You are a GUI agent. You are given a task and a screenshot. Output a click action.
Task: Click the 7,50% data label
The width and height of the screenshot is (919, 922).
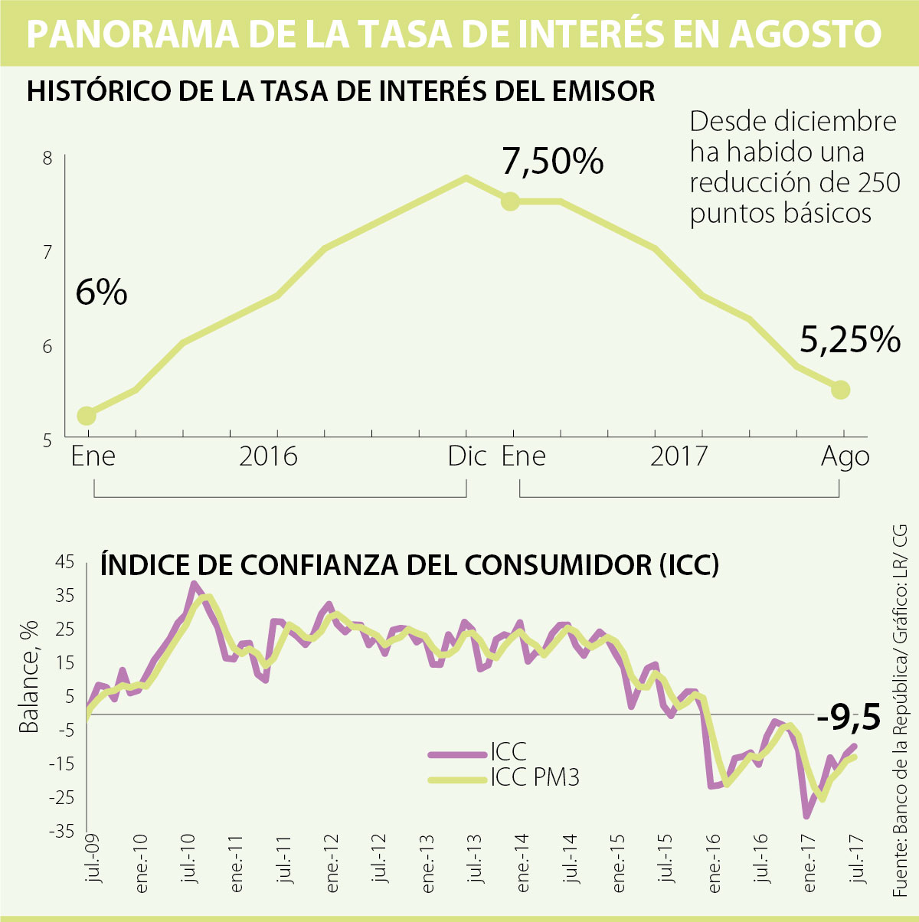553,162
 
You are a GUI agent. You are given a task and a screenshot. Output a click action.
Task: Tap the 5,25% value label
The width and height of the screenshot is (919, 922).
850,339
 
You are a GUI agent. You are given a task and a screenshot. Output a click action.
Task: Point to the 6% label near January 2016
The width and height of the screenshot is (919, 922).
101,293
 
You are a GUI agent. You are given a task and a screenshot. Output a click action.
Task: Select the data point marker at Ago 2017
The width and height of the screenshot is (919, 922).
840,390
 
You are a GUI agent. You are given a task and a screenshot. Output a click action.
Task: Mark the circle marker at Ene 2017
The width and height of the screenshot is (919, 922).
510,201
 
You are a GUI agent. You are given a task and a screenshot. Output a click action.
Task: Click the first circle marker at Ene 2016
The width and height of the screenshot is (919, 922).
87,416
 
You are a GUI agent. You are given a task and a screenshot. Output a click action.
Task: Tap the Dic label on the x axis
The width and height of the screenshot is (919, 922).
467,456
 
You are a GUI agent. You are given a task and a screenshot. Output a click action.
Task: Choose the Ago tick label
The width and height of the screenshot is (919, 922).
845,456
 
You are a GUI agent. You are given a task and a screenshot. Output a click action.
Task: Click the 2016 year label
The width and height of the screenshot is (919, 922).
268,456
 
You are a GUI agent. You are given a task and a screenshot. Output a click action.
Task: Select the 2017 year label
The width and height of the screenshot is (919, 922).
679,456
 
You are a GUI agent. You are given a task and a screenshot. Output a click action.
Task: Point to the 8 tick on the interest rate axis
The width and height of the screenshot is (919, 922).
47,159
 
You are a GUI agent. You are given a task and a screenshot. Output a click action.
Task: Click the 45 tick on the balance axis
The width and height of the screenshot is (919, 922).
64,563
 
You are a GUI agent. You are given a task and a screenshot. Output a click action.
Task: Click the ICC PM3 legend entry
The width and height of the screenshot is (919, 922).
535,778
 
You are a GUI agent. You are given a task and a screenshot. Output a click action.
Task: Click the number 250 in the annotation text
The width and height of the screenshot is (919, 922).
878,183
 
